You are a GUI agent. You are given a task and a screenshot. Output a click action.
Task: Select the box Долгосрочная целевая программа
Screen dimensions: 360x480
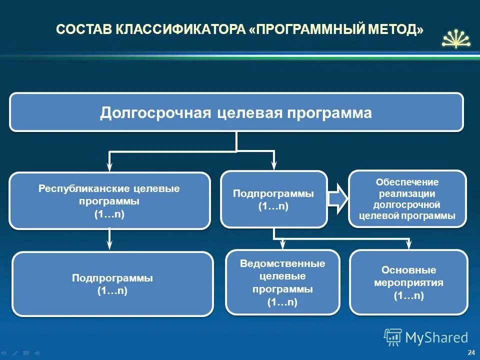click(236, 112)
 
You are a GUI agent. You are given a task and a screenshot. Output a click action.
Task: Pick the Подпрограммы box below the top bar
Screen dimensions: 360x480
click(273, 199)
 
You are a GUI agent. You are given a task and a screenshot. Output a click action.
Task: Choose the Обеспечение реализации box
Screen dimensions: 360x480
click(407, 198)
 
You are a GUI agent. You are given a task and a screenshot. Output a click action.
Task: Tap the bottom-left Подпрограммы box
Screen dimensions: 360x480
click(112, 284)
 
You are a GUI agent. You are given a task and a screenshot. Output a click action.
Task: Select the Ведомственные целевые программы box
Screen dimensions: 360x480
click(282, 282)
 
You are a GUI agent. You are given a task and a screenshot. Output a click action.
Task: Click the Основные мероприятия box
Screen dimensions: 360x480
click(408, 282)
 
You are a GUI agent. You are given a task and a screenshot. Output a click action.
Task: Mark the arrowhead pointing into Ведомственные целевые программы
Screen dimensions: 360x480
click(283, 244)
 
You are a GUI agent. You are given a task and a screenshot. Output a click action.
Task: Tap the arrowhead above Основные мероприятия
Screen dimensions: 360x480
click(408, 244)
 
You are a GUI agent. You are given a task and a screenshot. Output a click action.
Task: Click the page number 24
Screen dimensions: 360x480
click(470, 353)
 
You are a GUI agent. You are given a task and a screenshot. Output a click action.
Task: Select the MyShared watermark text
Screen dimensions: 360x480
click(436, 338)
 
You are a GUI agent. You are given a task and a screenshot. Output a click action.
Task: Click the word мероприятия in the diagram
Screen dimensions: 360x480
click(408, 283)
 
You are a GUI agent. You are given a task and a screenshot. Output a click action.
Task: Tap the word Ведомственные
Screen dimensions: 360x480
click(282, 263)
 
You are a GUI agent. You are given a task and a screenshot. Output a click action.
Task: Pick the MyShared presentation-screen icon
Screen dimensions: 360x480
click(392, 338)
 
